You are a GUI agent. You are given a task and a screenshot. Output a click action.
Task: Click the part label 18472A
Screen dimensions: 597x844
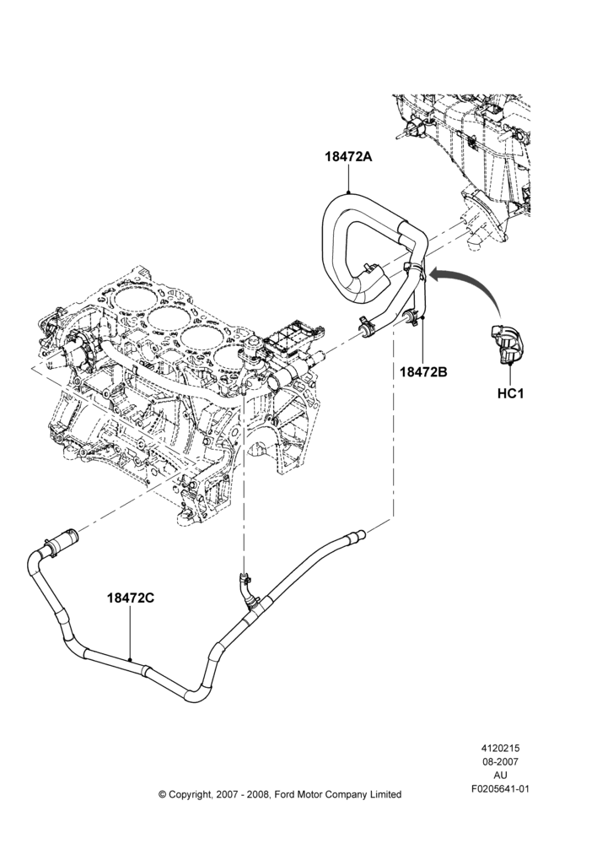coord(349,157)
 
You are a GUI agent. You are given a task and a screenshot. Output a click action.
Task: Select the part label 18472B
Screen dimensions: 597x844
coord(423,371)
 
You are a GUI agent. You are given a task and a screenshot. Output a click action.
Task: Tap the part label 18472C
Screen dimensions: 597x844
coord(131,598)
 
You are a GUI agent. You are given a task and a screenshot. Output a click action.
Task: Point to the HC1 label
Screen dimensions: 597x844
coord(510,393)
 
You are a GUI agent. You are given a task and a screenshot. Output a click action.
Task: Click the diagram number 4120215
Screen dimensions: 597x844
coord(500,748)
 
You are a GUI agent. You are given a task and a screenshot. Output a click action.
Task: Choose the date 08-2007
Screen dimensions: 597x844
coord(500,761)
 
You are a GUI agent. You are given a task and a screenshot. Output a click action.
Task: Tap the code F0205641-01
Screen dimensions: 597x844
coord(500,788)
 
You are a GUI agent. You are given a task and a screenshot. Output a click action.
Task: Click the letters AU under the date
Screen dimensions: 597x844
coord(500,775)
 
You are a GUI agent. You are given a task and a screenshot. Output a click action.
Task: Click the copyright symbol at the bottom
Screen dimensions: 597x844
coord(163,794)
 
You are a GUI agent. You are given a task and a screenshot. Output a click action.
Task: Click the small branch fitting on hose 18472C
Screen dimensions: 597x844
coord(245,587)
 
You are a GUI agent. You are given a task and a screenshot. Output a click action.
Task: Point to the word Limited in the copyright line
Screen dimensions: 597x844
coord(385,794)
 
